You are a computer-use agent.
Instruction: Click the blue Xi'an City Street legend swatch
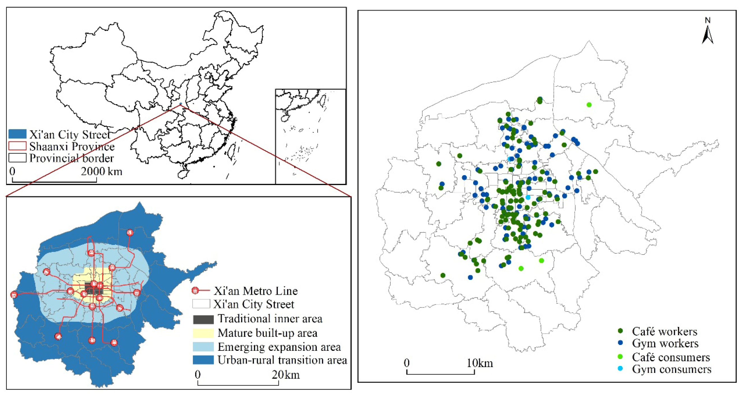[x=17, y=134]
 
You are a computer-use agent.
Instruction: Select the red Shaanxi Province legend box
[x=17, y=146]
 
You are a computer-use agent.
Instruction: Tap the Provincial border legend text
[x=72, y=158]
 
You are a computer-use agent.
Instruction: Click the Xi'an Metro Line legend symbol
[x=200, y=291]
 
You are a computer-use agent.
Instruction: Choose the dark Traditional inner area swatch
[x=203, y=319]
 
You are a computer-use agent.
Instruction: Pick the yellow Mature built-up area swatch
[x=203, y=333]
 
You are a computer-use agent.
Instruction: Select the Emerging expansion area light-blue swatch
[x=203, y=347]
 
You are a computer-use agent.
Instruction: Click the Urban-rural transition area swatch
[x=203, y=360]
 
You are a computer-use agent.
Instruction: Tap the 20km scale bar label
[x=285, y=375]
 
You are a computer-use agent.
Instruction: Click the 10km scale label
[x=480, y=363]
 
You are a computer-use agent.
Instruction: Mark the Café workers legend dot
[x=620, y=331]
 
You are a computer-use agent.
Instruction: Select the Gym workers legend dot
[x=620, y=343]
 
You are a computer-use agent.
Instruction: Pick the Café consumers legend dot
[x=620, y=357]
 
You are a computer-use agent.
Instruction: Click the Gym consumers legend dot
[x=620, y=368]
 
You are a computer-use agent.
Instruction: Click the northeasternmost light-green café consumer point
[x=589, y=105]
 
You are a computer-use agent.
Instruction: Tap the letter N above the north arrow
[x=707, y=20]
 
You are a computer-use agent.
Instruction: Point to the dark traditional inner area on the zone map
[x=93, y=288]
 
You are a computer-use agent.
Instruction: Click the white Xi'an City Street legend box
[x=201, y=304]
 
